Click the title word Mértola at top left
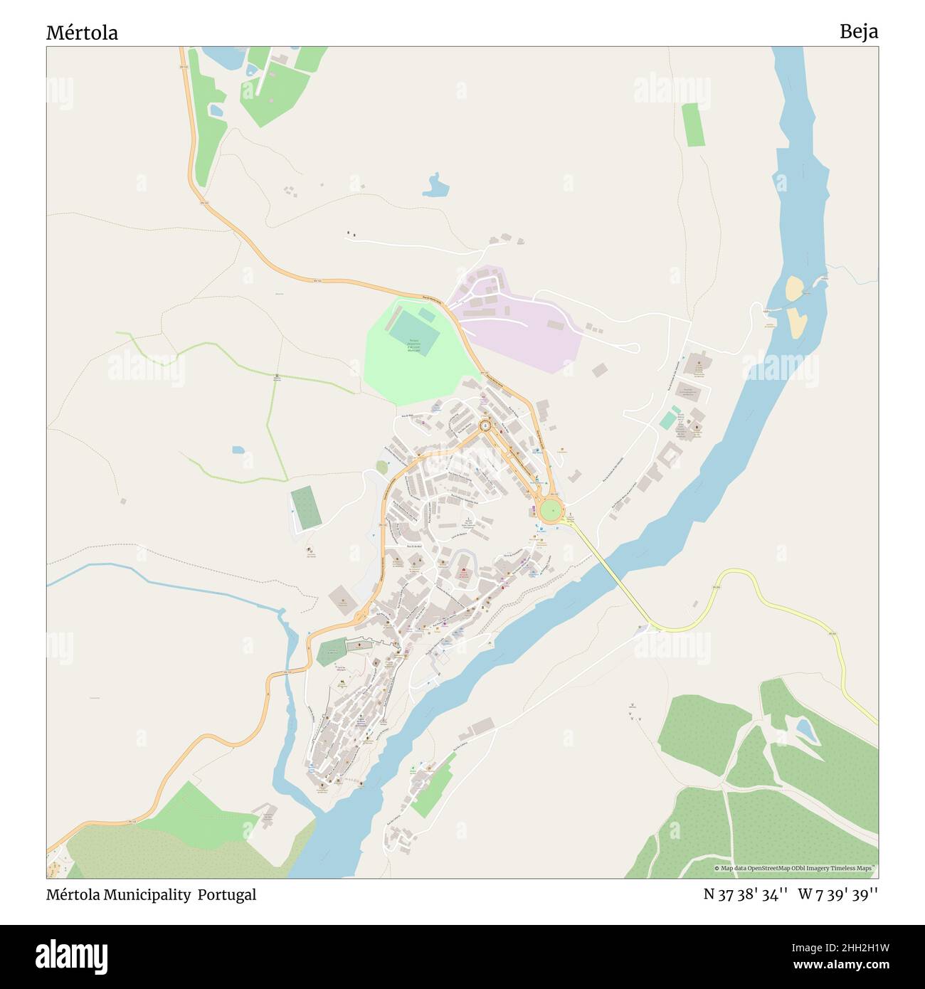[x=82, y=33]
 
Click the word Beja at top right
[x=858, y=31]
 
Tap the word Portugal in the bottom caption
[x=227, y=894]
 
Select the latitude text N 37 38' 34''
[x=745, y=894]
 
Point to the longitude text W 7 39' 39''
[x=837, y=894]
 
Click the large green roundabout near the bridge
[x=550, y=510]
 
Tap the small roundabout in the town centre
[x=485, y=425]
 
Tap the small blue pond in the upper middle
[x=435, y=186]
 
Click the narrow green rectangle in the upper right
[x=690, y=125]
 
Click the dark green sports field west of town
[x=305, y=507]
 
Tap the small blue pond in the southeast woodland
[x=805, y=730]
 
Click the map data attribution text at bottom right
[x=795, y=868]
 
